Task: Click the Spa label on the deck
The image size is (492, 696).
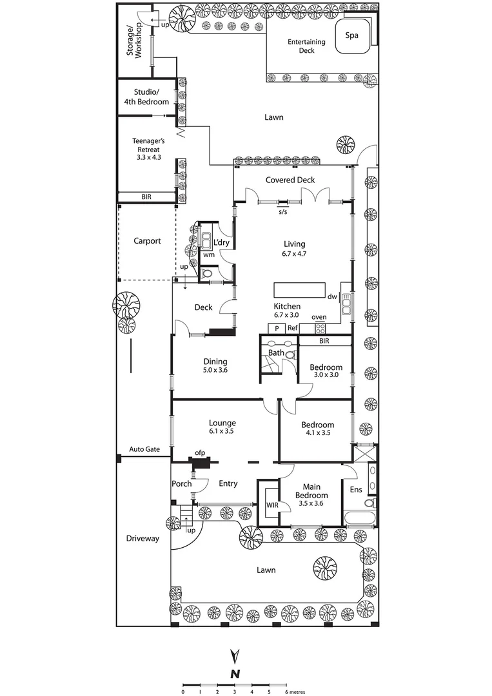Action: tap(352, 35)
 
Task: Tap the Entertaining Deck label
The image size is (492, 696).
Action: tap(306, 46)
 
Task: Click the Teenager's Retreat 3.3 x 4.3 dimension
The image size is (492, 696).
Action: tap(145, 156)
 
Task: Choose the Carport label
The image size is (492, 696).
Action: tap(146, 241)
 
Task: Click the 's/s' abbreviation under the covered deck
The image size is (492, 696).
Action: tap(282, 211)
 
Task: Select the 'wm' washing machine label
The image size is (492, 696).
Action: tap(208, 255)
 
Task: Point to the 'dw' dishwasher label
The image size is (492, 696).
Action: tap(331, 297)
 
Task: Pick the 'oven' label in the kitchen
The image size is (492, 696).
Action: tap(319, 317)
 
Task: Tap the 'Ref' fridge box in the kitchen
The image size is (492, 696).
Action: tap(292, 328)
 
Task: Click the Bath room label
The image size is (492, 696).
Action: tap(276, 353)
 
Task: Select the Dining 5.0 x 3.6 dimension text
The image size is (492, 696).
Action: tap(215, 371)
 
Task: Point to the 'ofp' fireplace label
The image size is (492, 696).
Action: tap(200, 453)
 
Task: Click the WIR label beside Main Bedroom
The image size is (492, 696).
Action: tap(272, 505)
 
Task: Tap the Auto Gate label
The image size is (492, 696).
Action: tap(144, 449)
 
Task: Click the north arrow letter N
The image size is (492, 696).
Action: tap(236, 673)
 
